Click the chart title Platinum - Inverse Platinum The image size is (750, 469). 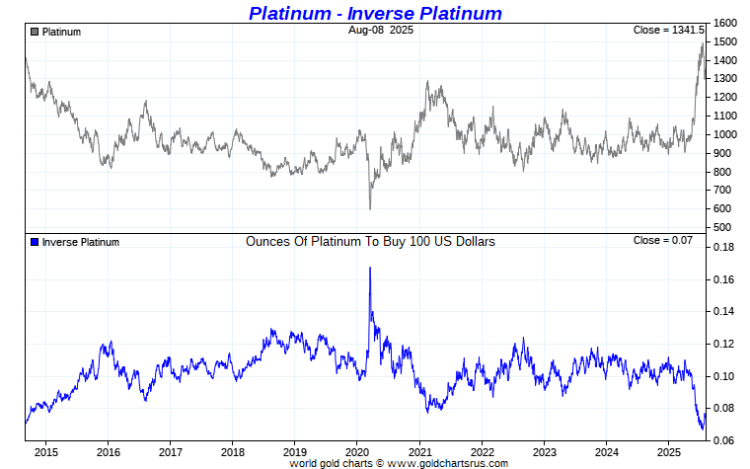(375, 13)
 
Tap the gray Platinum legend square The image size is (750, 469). (35, 32)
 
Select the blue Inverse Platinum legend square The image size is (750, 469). (35, 242)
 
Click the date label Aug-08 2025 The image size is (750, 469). (381, 31)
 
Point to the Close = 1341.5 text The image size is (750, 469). (668, 31)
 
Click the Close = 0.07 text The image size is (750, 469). (663, 241)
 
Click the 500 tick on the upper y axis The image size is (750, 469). (721, 228)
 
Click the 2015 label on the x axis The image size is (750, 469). (45, 453)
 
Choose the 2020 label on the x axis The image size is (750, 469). (357, 453)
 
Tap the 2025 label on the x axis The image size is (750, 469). (669, 453)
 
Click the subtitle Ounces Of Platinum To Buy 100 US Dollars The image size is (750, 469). (370, 241)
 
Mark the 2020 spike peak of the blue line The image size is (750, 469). (370, 268)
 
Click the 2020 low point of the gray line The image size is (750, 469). (370, 208)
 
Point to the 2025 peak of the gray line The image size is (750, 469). (702, 43)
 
